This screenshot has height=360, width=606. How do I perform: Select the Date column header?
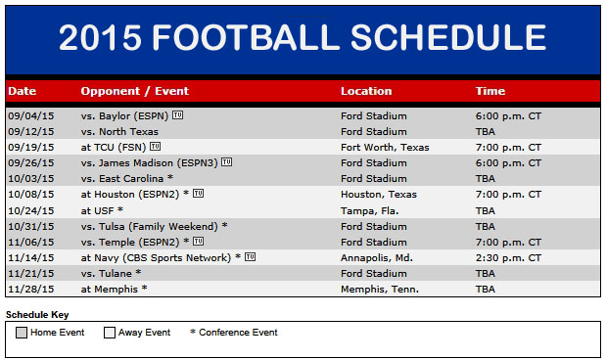(x=22, y=91)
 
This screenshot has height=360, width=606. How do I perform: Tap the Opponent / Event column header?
(x=134, y=91)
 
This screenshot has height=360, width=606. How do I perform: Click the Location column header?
(x=366, y=91)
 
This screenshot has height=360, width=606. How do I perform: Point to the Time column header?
(x=489, y=91)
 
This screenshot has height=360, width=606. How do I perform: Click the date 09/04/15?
(x=29, y=116)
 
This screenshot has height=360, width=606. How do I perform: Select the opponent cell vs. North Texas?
(x=119, y=132)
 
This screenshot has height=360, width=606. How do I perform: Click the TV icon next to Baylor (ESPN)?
(x=177, y=115)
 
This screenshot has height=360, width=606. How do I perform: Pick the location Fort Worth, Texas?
(x=384, y=148)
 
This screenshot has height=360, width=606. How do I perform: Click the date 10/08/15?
(x=29, y=195)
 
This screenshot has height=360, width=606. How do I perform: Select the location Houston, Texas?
(x=378, y=195)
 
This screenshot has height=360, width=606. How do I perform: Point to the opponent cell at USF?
(x=102, y=210)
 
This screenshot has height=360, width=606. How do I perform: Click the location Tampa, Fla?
(x=371, y=210)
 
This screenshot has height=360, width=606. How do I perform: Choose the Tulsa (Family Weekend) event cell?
(x=154, y=226)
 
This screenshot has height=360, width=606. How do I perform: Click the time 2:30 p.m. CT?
(x=508, y=257)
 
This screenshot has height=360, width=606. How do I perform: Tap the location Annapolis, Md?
(x=376, y=257)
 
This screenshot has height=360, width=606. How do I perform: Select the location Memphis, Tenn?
(x=378, y=289)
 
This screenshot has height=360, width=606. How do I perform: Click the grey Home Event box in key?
(x=23, y=333)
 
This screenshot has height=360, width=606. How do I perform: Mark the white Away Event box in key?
(x=110, y=333)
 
